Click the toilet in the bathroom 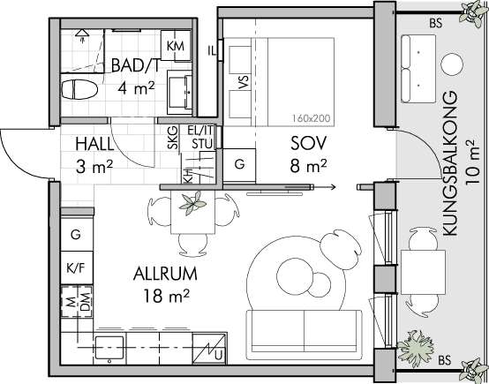click(79, 89)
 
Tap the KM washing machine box click(176, 46)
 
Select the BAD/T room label click(135, 66)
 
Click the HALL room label click(94, 144)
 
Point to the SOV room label click(308, 144)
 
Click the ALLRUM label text click(165, 275)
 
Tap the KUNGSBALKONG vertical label click(451, 163)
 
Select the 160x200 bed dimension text click(311, 118)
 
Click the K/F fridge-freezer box click(77, 268)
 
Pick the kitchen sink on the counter click(109, 348)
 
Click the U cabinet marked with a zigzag click(209, 349)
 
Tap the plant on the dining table click(192, 203)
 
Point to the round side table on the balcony click(452, 64)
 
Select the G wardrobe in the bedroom click(239, 165)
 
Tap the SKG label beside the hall click(173, 137)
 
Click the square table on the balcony click(423, 272)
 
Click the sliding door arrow click(324, 187)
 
